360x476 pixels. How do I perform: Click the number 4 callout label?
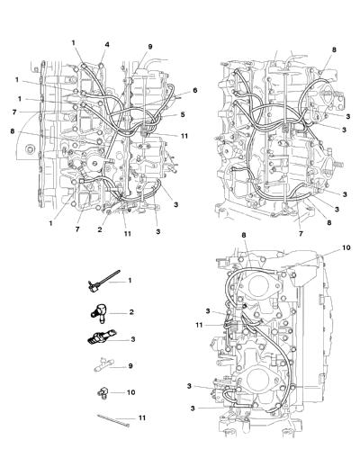107,45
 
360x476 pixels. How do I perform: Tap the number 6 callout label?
195,90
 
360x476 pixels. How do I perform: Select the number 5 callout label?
183,114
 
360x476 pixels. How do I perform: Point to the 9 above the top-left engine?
150,47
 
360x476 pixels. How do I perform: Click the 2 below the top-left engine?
100,229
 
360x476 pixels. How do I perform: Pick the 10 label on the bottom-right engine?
346,247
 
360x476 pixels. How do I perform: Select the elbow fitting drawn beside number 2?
99,312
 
